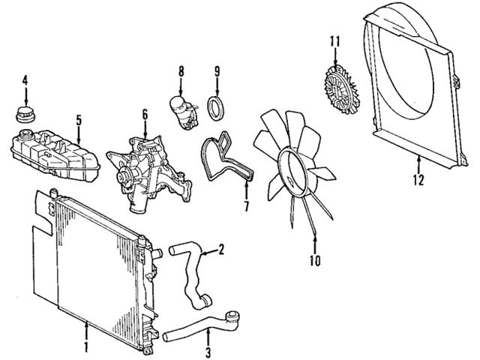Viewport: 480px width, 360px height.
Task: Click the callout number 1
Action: tap(87, 348)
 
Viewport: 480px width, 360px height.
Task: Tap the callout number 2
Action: tap(221, 249)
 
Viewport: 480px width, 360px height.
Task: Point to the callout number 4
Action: tap(25, 79)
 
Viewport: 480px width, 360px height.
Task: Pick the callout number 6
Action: tap(145, 115)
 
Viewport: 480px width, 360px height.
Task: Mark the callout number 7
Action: tap(244, 206)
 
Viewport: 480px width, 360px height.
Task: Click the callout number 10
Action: tap(315, 261)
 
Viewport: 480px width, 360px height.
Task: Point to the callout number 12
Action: tap(418, 180)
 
